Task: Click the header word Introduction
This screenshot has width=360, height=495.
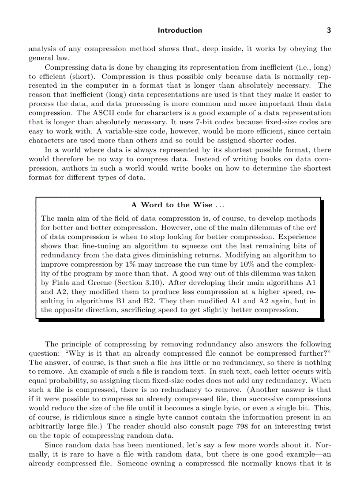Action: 180,30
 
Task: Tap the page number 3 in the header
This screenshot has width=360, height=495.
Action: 328,30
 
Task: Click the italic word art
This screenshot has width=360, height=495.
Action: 311,227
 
